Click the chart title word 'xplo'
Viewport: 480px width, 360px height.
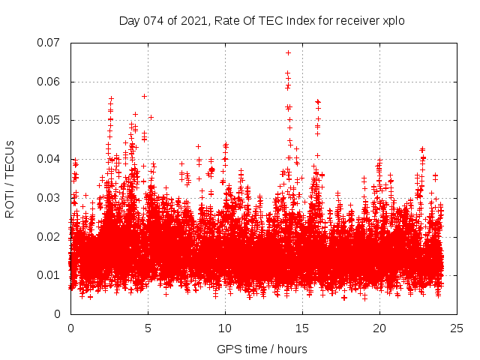(x=393, y=21)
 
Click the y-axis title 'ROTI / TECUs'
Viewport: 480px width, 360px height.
(x=10, y=179)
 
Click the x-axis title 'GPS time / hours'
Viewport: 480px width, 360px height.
(x=262, y=349)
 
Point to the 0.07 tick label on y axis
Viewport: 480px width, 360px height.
(x=49, y=43)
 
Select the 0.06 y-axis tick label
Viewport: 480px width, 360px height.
(x=49, y=82)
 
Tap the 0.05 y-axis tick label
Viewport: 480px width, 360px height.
(x=49, y=120)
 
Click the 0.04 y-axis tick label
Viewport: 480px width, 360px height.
(x=49, y=159)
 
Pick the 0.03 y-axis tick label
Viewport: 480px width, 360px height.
(x=49, y=198)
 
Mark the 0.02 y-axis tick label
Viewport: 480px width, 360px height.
(x=49, y=236)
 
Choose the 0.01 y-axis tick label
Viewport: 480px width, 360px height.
(x=49, y=275)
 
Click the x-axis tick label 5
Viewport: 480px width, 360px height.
(x=148, y=328)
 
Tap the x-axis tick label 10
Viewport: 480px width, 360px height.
(x=225, y=328)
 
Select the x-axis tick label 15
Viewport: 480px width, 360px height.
(x=302, y=328)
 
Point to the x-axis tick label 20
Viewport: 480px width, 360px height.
(x=379, y=328)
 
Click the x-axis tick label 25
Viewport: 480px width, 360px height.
(x=457, y=328)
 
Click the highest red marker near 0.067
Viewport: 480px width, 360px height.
(x=288, y=52)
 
